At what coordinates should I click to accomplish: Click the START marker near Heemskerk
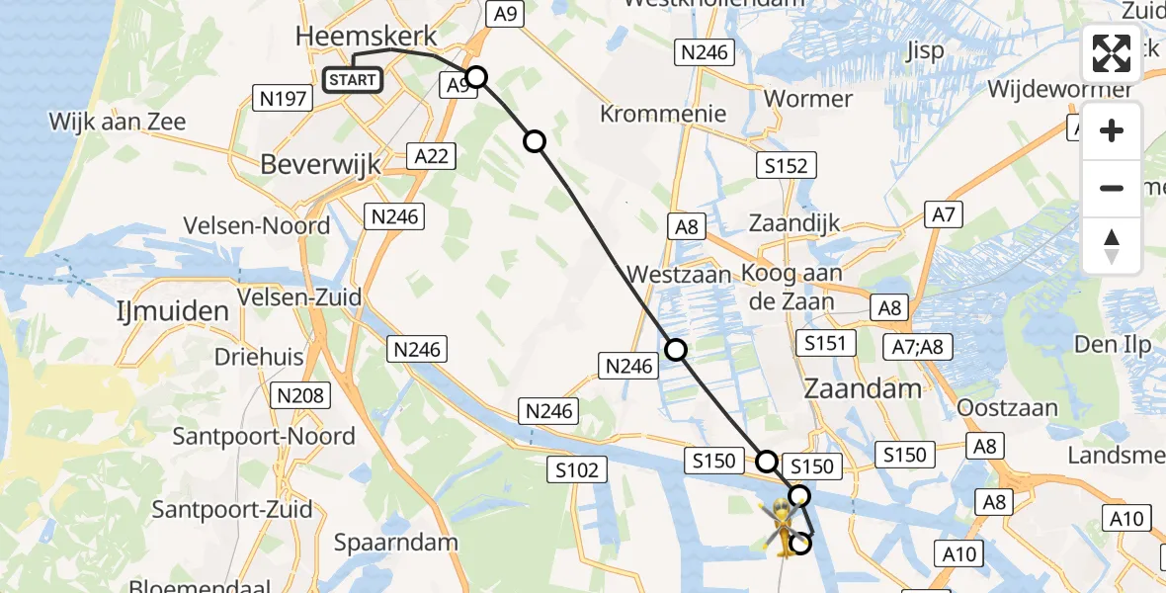[x=353, y=79]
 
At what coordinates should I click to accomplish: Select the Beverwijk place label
[x=320, y=165]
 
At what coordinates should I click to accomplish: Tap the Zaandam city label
[x=863, y=387]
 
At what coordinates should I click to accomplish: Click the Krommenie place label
[x=663, y=114]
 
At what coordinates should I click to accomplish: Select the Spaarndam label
[x=395, y=542]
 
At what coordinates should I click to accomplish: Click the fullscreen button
[x=1112, y=53]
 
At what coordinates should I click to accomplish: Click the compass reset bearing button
[x=1112, y=246]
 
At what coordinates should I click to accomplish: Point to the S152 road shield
[x=786, y=166]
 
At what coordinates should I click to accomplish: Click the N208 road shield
[x=300, y=395]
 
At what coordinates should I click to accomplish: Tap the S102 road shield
[x=577, y=470]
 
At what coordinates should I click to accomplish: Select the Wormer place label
[x=808, y=99]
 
